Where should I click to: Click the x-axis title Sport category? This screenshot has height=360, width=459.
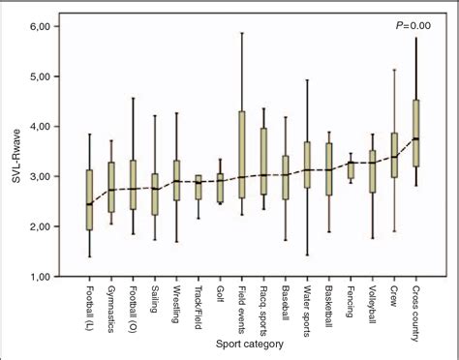pos(254,344)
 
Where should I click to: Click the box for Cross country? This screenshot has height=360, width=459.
pos(416,126)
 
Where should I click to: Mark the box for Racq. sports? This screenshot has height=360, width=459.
pos(262,162)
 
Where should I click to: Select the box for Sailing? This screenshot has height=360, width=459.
pos(154,194)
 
